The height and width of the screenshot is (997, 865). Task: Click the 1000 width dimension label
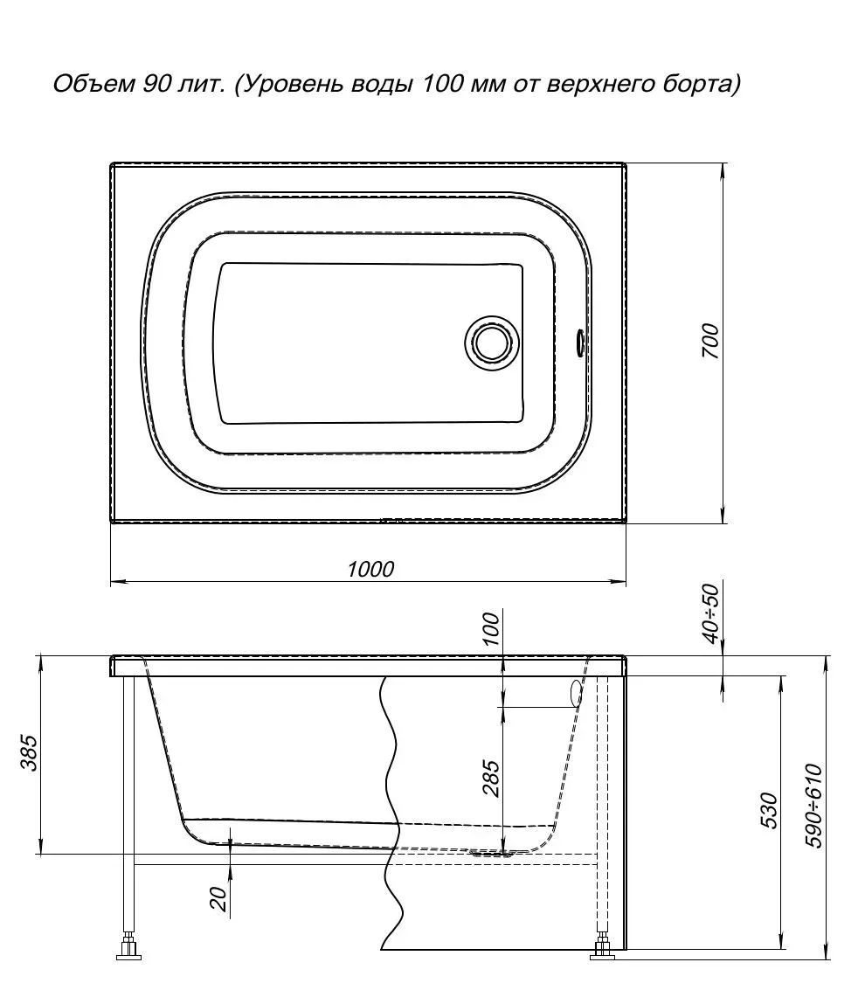[x=370, y=569]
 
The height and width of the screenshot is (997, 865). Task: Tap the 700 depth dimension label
[x=710, y=342]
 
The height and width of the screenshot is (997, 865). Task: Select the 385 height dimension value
[x=30, y=753]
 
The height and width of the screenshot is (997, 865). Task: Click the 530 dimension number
[x=769, y=810]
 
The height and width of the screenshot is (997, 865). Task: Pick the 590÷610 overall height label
[x=814, y=807]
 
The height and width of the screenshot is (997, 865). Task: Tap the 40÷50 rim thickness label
[x=711, y=613]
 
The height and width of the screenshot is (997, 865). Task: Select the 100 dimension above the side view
[x=492, y=628]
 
